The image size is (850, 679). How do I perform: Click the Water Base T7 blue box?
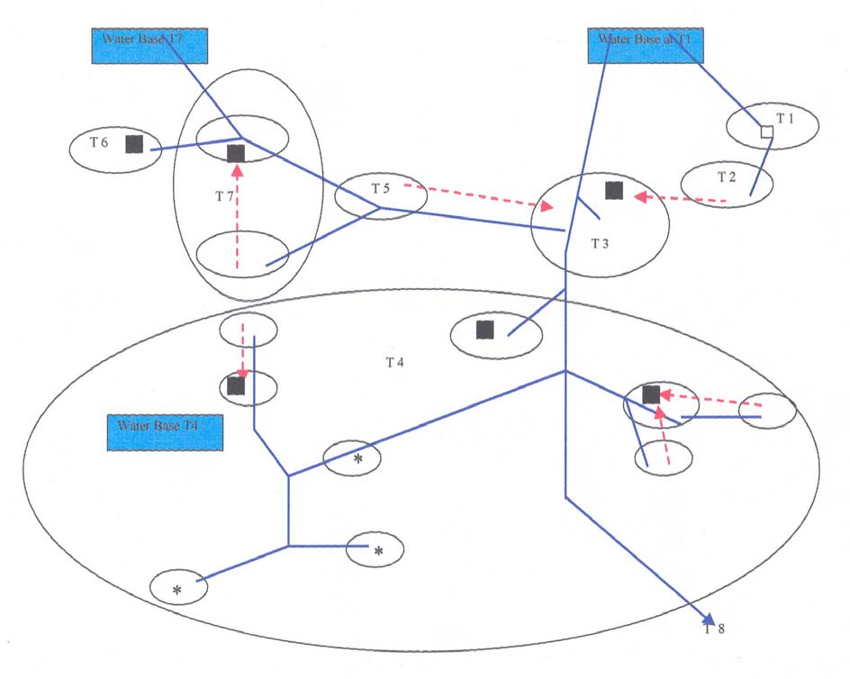coord(150,45)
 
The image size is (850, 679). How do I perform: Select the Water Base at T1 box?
coord(645,45)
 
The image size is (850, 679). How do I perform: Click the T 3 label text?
coord(601,243)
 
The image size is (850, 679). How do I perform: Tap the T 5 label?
coord(381,188)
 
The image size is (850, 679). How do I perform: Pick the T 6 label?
coord(99,142)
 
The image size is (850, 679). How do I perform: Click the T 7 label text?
coord(225,195)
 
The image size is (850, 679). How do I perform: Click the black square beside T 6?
coord(134,144)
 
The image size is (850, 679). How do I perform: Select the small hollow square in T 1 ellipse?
coord(766,132)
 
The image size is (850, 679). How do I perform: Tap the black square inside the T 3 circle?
coord(614,189)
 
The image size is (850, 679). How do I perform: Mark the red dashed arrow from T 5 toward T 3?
coord(477,197)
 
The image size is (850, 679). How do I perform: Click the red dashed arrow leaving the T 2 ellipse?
coord(675,198)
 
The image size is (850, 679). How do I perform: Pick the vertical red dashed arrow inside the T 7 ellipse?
coord(238,216)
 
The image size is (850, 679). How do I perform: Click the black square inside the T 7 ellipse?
coord(236,153)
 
